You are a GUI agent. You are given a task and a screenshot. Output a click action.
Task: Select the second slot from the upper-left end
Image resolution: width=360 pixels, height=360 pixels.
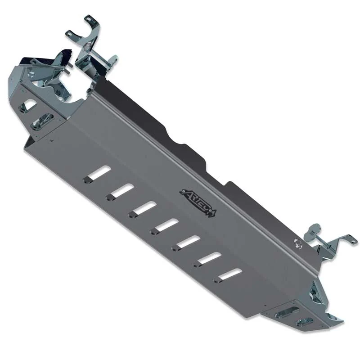tap(121, 191)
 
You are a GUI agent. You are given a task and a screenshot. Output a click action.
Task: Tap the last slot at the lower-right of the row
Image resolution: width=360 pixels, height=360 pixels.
tap(229, 274)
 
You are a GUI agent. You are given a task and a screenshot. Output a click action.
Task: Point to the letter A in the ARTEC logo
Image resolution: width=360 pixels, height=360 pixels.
tap(184, 193)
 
